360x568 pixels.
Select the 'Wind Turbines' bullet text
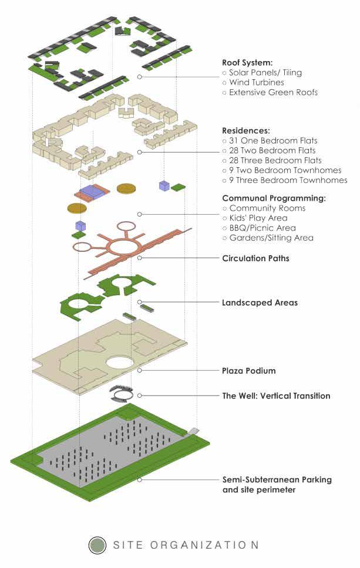(x=256, y=82)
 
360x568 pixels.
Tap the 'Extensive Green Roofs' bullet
(x=273, y=92)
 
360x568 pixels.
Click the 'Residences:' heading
(x=245, y=130)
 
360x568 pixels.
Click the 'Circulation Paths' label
(x=255, y=258)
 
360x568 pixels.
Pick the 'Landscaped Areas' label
(x=260, y=303)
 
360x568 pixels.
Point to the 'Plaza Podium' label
(x=248, y=371)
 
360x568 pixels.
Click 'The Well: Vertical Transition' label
(x=276, y=396)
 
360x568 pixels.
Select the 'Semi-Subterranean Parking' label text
(x=277, y=480)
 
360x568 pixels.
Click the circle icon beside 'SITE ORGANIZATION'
(x=97, y=545)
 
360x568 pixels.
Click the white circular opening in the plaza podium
(x=120, y=362)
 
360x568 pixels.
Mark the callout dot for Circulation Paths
(x=140, y=258)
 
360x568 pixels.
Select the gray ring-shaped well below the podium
(x=120, y=394)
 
